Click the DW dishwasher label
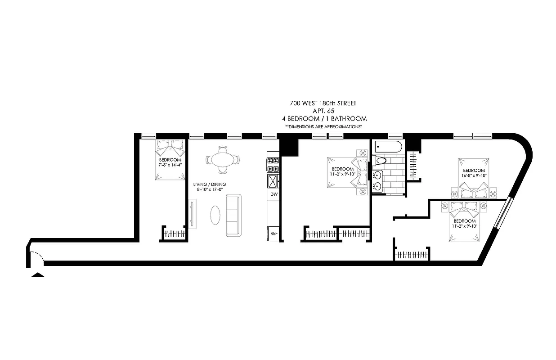pyautogui.click(x=274, y=194)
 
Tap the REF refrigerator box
pyautogui.click(x=274, y=233)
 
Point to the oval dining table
pyautogui.click(x=222, y=159)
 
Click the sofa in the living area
pyautogui.click(x=233, y=216)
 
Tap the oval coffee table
pyautogui.click(x=216, y=215)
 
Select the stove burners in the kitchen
pyautogui.click(x=273, y=165)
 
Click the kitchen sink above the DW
pyautogui.click(x=273, y=181)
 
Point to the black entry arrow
pyautogui.click(x=37, y=274)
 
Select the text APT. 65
pyautogui.click(x=323, y=111)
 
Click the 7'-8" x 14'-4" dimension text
pyautogui.click(x=170, y=166)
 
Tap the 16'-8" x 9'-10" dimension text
pyautogui.click(x=474, y=176)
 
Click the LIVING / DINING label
pyautogui.click(x=210, y=184)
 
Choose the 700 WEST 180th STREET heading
pyautogui.click(x=323, y=103)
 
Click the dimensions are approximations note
pyautogui.click(x=323, y=127)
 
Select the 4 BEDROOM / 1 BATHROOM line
pyautogui.click(x=323, y=119)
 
